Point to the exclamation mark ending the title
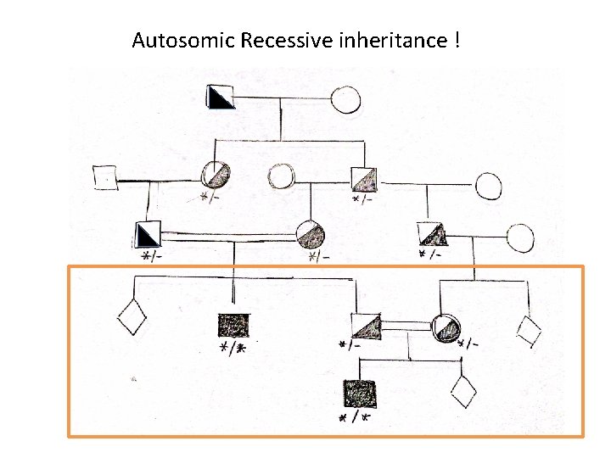click(457, 40)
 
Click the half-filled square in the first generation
click(221, 98)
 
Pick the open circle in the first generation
click(345, 100)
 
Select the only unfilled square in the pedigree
click(104, 177)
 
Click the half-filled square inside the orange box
click(366, 327)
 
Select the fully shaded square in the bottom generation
click(360, 394)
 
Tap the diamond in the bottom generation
click(462, 391)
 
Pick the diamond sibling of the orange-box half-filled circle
click(530, 331)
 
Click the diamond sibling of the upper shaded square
click(132, 318)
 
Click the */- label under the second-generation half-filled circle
click(207, 199)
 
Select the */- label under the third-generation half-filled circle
click(319, 256)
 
